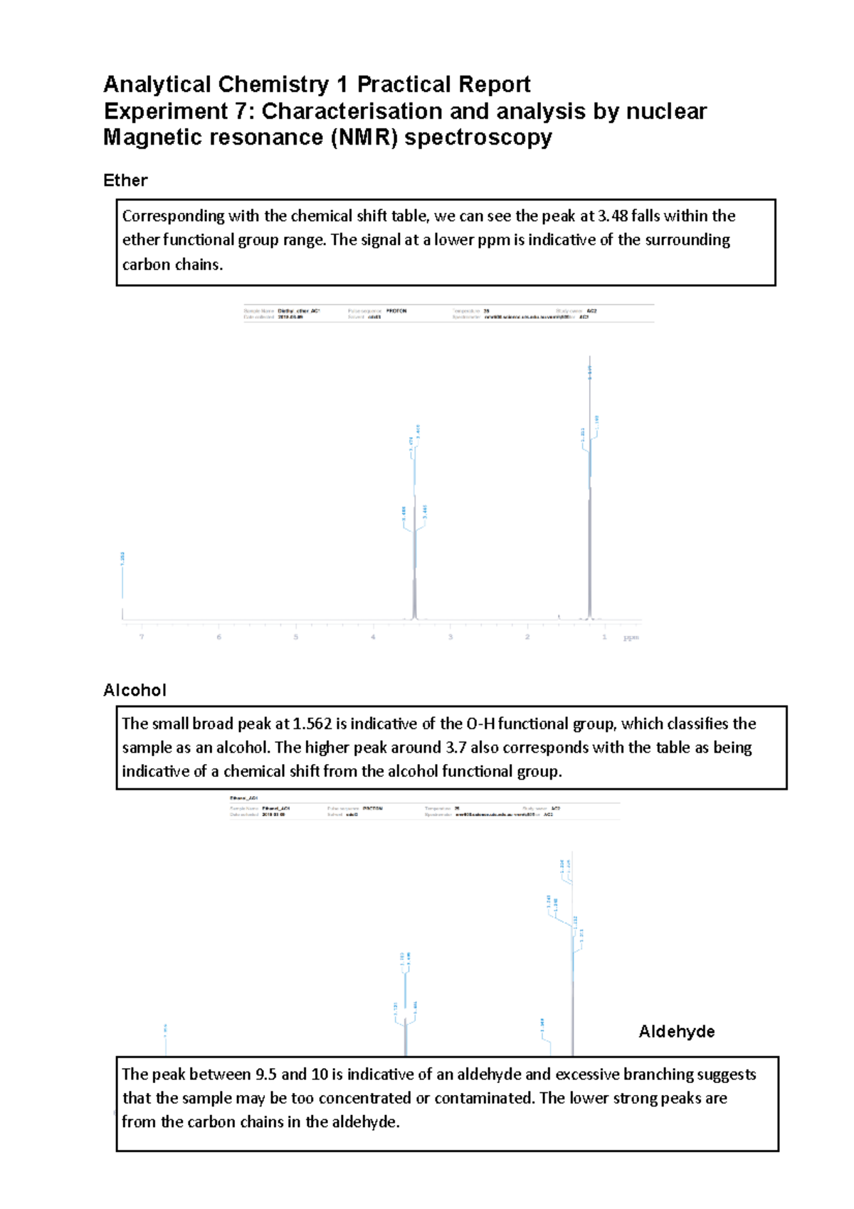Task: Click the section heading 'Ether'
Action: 125,180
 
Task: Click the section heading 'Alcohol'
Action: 135,690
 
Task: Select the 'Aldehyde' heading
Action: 676,1032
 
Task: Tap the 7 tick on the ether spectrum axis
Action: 142,637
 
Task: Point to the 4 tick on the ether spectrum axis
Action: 373,637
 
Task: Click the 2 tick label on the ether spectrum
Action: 527,637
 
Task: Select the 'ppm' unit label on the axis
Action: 631,637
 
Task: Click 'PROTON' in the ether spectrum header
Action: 396,311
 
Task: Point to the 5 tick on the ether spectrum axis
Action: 296,637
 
